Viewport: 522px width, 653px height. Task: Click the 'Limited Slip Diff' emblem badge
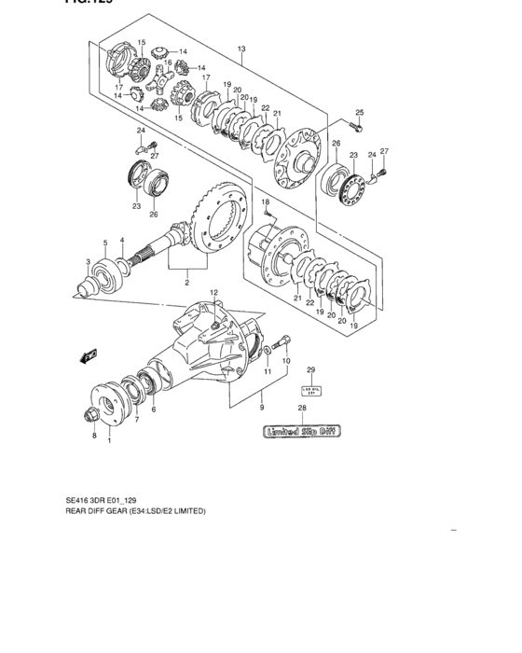click(302, 432)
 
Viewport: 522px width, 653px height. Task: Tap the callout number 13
click(240, 49)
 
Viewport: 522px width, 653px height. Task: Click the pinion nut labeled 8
click(94, 414)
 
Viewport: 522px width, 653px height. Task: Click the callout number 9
click(262, 407)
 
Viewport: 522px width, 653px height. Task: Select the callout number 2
click(187, 282)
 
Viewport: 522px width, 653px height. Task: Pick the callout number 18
click(265, 201)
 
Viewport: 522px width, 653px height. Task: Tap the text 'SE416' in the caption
click(78, 500)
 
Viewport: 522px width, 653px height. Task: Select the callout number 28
click(301, 409)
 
